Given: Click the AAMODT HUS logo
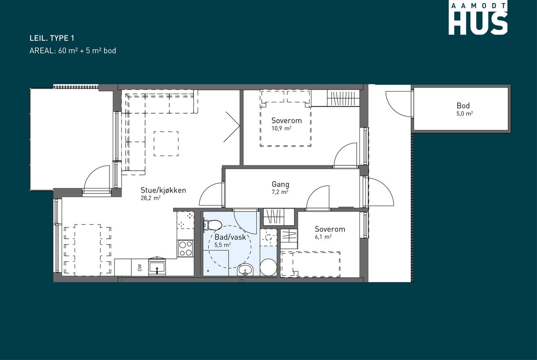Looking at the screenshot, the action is (478, 19).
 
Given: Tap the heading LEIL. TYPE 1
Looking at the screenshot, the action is (52, 38).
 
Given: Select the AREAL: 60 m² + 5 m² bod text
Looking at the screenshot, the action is (73, 51).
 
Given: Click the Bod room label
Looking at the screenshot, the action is (463, 106).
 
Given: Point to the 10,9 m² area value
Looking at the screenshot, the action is (281, 128).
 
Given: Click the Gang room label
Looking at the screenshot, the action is (280, 185).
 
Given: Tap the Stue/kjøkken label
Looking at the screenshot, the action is (163, 190).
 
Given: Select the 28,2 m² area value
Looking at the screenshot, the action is (151, 198).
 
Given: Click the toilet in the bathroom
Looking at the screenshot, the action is (212, 225).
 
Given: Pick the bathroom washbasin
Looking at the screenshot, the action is (245, 270).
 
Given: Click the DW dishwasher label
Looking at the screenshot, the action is (140, 268).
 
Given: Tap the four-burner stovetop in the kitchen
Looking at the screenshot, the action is (185, 248).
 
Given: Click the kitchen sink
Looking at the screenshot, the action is (157, 267).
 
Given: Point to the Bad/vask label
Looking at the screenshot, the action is (230, 237).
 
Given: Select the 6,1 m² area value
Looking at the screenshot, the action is (323, 237).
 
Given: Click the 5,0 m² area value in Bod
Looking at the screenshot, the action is (464, 114).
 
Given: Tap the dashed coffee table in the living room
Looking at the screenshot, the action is (166, 143).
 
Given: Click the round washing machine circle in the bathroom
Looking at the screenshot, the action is (268, 267).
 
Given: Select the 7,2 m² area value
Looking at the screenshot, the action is (280, 192).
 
